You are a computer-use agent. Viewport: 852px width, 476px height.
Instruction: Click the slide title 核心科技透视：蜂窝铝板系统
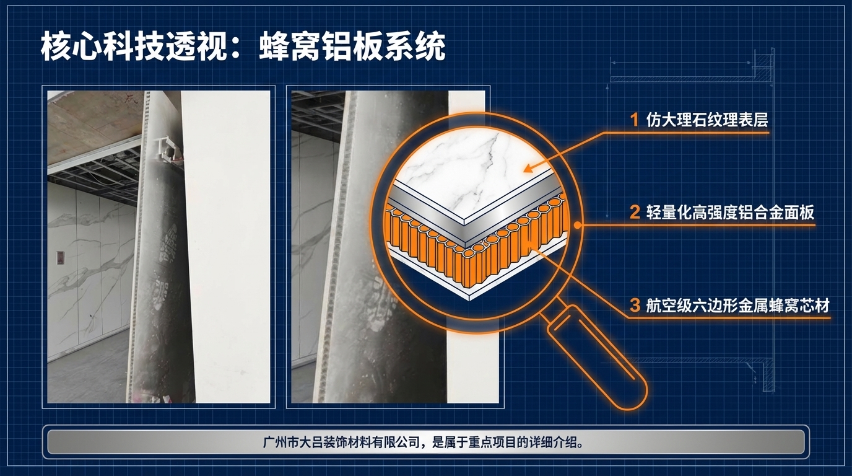[x=243, y=47]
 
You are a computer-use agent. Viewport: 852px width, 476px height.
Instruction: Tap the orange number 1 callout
[x=634, y=120]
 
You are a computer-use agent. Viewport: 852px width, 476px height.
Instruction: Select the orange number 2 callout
[x=634, y=213]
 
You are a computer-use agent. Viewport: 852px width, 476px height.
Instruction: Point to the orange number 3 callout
[x=634, y=306]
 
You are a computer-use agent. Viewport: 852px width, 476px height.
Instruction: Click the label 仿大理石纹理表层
[x=706, y=120]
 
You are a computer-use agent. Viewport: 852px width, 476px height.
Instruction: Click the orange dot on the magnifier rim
[x=577, y=226]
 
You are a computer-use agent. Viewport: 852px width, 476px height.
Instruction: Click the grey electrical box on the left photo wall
[x=60, y=257]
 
